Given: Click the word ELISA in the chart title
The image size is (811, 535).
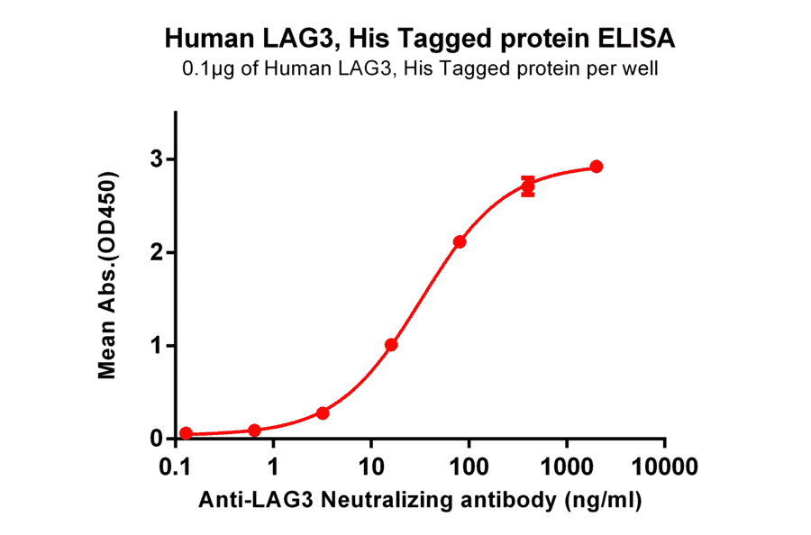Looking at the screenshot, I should pyautogui.click(x=629, y=40).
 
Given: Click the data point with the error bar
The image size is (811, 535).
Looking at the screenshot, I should pyautogui.click(x=528, y=186).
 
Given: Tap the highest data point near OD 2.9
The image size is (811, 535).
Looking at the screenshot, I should pyautogui.click(x=597, y=167).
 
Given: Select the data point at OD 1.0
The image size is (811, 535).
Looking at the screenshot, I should pyautogui.click(x=391, y=345).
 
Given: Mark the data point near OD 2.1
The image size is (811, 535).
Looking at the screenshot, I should pyautogui.click(x=460, y=241).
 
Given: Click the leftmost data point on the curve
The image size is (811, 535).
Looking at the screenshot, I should pyautogui.click(x=186, y=433).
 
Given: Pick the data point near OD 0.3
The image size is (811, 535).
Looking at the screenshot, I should pyautogui.click(x=323, y=413).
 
